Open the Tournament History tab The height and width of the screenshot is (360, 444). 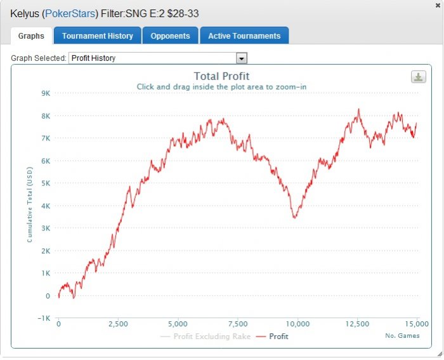98,36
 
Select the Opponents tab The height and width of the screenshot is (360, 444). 171,36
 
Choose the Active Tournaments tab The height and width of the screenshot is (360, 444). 244,36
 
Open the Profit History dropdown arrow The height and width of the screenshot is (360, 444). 241,58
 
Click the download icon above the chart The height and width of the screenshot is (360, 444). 418,77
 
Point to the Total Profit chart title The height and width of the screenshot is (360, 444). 221,77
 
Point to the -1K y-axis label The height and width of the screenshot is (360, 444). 43,318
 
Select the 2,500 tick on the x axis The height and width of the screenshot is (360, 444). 118,324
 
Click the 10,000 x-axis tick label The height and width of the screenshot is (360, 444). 297,324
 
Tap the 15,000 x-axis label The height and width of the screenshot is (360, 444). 417,324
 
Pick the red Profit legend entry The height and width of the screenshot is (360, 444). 273,337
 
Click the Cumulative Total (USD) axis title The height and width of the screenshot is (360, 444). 29,206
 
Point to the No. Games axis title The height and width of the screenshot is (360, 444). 402,335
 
